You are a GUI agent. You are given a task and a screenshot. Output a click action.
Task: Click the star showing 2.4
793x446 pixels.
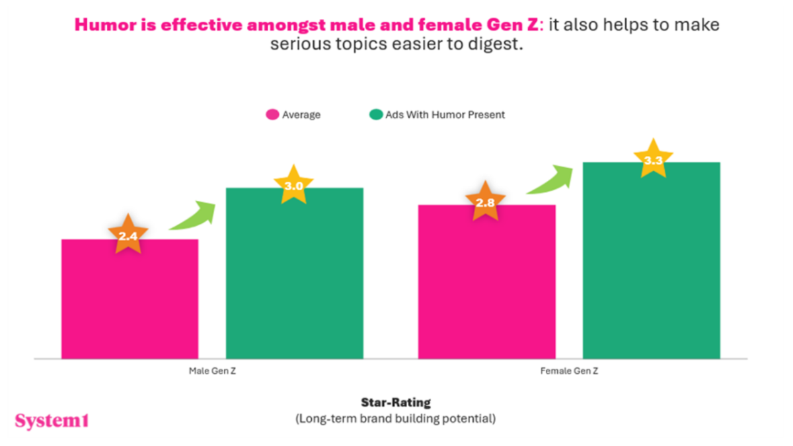[x=128, y=234]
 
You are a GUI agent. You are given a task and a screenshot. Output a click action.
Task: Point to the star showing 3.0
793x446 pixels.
[x=293, y=186]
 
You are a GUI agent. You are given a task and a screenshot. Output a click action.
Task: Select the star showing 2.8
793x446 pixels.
[x=485, y=202]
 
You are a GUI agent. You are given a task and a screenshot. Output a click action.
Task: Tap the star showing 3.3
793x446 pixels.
[x=653, y=159]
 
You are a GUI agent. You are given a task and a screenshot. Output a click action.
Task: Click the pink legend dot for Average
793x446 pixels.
[x=272, y=115]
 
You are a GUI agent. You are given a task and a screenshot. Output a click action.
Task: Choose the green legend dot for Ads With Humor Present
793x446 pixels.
[x=375, y=115]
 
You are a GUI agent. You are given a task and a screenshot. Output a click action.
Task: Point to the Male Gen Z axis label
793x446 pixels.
[x=212, y=371]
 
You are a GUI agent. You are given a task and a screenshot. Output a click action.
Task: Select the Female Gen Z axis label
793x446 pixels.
[x=569, y=371]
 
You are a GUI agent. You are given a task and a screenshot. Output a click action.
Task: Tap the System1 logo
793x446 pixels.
[x=52, y=421]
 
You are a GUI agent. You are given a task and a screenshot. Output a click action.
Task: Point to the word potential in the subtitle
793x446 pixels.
[x=474, y=418]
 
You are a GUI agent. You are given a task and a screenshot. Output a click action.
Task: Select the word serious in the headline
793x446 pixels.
[x=293, y=46]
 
